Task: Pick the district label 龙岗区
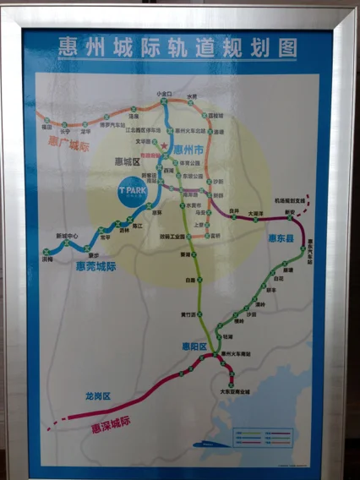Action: point(98,395)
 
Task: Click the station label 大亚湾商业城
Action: point(236,391)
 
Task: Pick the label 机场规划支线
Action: point(290,199)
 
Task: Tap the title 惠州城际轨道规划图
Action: point(177,47)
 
